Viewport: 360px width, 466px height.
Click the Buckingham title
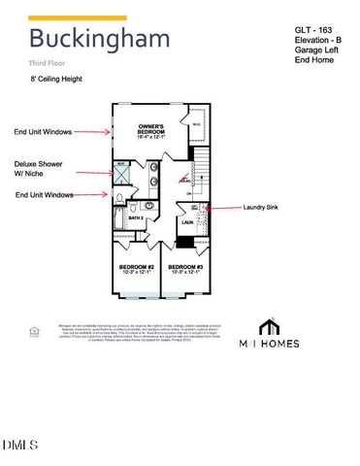99,40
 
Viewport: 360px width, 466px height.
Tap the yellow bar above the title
78,17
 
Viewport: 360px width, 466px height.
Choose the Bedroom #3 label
184,268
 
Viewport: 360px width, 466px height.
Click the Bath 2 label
136,219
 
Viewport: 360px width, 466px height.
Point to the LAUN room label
186,222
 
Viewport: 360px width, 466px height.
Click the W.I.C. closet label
196,123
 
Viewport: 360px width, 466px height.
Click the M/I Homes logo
271,335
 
